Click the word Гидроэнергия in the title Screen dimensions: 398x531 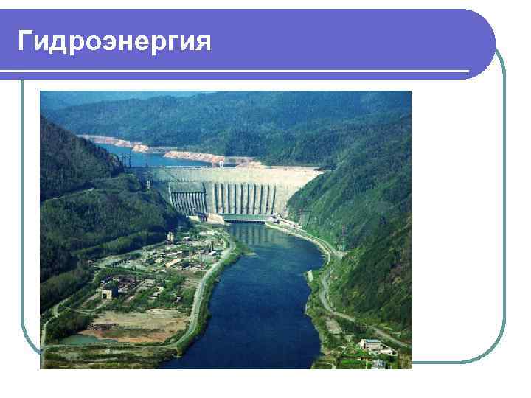[x=114, y=41]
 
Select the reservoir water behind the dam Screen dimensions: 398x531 [x=147, y=157]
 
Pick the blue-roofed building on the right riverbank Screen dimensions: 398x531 [x=372, y=344]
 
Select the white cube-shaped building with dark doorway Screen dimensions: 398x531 [x=109, y=293]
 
